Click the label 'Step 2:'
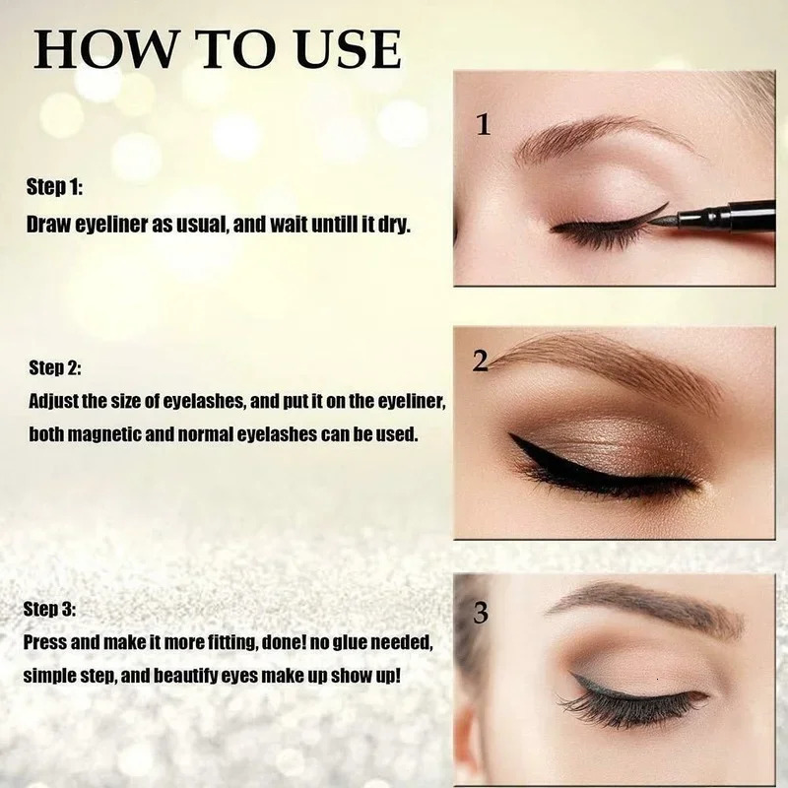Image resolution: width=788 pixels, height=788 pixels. click(x=55, y=368)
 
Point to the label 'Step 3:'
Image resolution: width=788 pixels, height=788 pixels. click(x=55, y=611)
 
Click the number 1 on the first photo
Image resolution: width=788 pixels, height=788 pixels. click(x=483, y=125)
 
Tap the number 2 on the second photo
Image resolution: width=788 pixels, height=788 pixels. click(x=481, y=362)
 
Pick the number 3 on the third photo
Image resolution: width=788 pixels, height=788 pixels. click(x=481, y=614)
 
